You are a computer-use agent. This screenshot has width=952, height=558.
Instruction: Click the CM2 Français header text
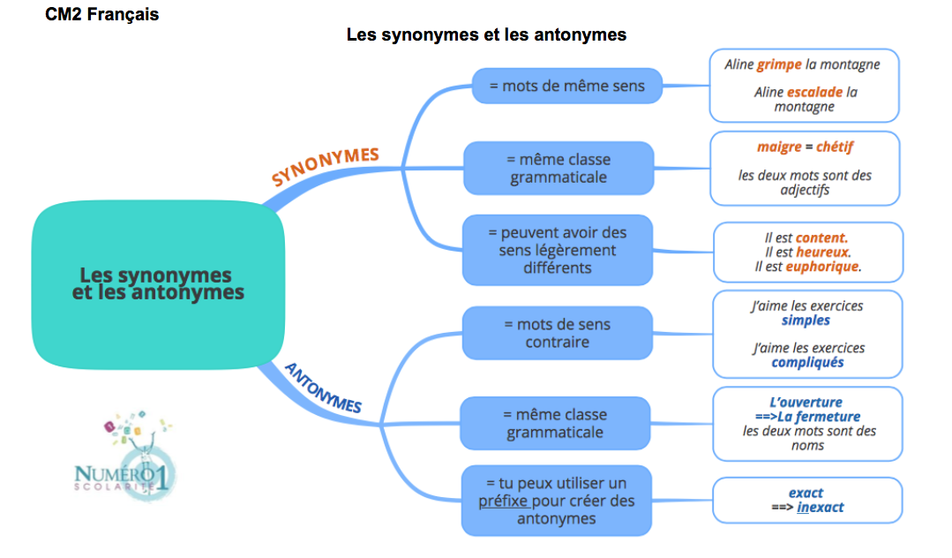(x=101, y=15)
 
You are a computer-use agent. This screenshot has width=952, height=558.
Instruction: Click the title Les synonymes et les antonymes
(x=486, y=34)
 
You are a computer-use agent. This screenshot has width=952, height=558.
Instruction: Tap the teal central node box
(x=158, y=283)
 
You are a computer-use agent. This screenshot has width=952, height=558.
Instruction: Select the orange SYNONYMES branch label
(x=325, y=166)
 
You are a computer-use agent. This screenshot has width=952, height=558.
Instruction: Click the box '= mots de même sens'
(x=567, y=86)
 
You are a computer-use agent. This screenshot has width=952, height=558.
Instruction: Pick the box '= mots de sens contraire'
(x=557, y=333)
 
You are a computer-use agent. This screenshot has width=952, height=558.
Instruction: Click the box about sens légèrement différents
(x=557, y=250)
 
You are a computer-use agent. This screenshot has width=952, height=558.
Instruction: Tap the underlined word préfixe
(x=503, y=501)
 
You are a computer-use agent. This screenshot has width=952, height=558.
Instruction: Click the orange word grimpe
(x=779, y=64)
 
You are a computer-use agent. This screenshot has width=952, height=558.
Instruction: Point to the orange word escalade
(x=814, y=91)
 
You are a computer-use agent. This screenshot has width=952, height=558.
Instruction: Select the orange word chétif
(x=834, y=147)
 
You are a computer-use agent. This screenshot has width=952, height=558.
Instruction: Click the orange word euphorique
(x=822, y=266)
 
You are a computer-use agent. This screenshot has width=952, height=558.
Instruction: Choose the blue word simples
(x=806, y=320)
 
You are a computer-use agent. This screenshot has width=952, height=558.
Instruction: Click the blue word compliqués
(x=807, y=362)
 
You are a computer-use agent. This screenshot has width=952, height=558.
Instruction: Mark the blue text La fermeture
(x=819, y=417)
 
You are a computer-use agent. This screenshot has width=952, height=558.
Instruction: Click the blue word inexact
(x=820, y=507)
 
